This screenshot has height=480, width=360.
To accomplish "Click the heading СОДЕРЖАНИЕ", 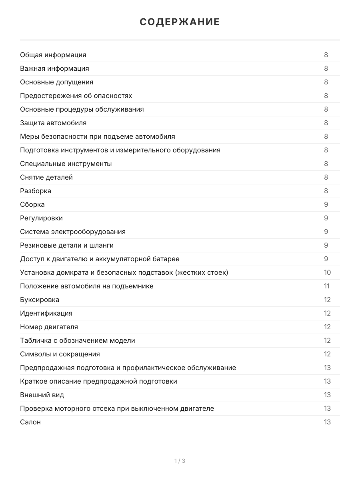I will [x=180, y=22].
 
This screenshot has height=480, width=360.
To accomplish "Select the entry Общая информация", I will [x=53, y=55].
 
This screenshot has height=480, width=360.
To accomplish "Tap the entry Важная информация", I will [x=54, y=68].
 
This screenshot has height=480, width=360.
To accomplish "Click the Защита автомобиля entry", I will [x=53, y=123].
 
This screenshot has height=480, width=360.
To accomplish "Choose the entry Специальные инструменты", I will [x=66, y=164].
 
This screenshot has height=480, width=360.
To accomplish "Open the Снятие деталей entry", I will [x=46, y=177].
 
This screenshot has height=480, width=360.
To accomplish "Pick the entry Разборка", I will [x=36, y=191].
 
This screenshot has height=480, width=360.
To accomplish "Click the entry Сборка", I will [x=32, y=204].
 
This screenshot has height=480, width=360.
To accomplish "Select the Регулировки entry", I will [x=41, y=218].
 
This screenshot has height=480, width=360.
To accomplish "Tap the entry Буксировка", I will [x=40, y=300].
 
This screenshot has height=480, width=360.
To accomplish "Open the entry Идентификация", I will [x=46, y=313].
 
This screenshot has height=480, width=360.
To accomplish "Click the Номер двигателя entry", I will [x=49, y=327].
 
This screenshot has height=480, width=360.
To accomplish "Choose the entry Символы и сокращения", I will [x=60, y=354].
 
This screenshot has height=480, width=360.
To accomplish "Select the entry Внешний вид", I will [x=42, y=395].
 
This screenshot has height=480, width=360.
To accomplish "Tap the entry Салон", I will [x=30, y=422].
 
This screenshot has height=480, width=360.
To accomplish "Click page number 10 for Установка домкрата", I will [x=327, y=272].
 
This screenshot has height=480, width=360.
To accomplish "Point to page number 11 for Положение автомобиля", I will [x=327, y=286].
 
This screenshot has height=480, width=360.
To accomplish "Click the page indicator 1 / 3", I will [x=180, y=461].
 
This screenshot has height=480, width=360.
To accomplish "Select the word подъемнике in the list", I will [x=134, y=286].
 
